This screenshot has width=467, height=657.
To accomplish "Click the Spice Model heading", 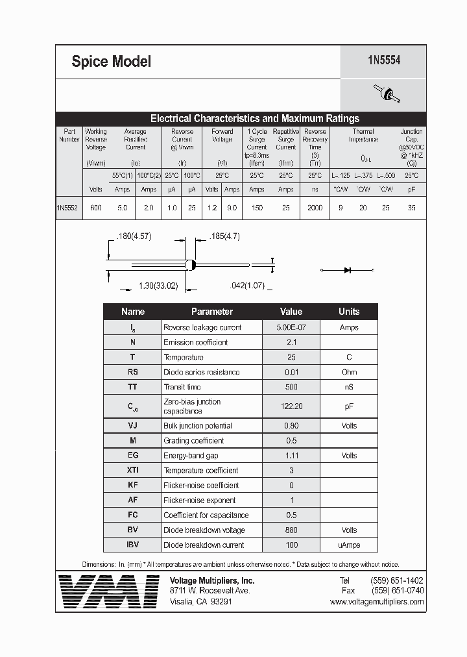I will (111, 62).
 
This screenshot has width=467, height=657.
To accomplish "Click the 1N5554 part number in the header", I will (383, 60).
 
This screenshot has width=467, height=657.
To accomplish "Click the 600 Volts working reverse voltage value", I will (96, 208).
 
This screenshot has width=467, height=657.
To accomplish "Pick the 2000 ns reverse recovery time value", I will (315, 208).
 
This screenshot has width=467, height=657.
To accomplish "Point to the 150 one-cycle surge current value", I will (257, 208).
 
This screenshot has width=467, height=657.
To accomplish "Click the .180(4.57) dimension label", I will (133, 236).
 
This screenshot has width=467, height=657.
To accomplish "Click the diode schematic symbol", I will (348, 269).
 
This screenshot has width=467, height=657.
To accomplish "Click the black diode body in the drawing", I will (191, 265).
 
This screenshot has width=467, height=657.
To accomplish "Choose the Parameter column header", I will (211, 312).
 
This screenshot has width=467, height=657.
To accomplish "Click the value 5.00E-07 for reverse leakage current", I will (291, 328).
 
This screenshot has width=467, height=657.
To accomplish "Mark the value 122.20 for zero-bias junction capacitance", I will (291, 406).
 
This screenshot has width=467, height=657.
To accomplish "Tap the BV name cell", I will (132, 530).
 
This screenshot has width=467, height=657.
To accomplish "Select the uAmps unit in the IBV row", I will (348, 545).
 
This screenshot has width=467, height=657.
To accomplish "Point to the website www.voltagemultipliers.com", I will (376, 602).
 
